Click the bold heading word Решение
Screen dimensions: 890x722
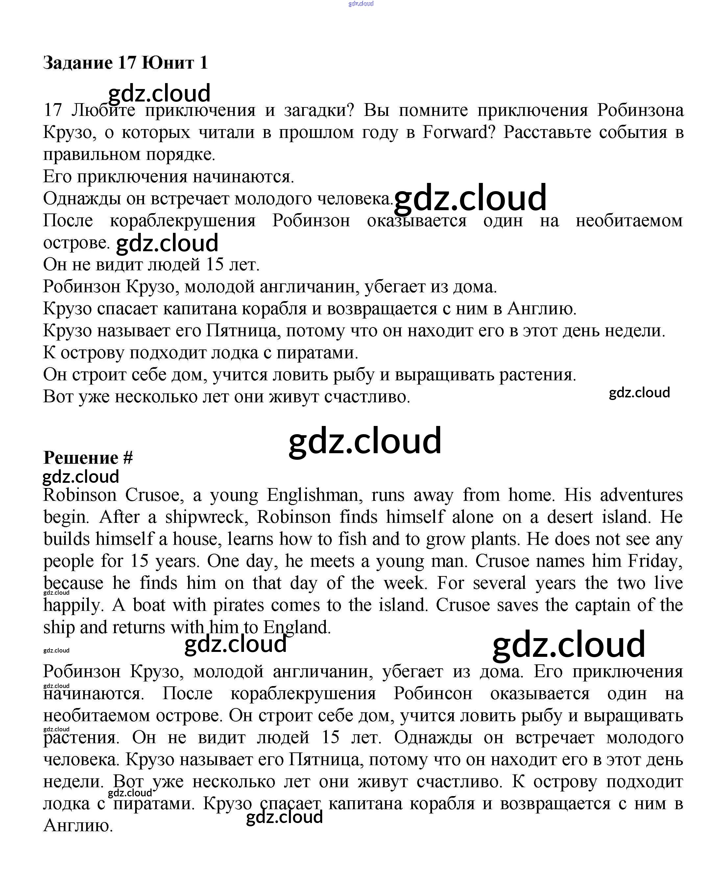tap(81, 458)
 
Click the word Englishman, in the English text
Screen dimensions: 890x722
tap(314, 495)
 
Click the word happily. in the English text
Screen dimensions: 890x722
tap(73, 605)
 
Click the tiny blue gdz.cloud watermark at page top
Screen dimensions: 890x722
tap(361, 4)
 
